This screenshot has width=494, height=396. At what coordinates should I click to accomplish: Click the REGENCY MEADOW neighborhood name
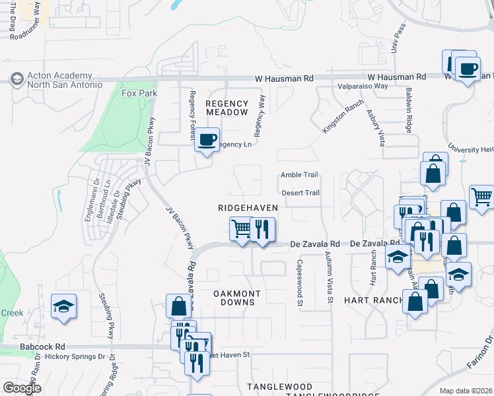click(227, 108)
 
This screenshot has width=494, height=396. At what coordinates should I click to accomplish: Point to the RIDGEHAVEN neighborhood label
click(247, 207)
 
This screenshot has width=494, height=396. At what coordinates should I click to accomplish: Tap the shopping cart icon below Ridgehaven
click(242, 230)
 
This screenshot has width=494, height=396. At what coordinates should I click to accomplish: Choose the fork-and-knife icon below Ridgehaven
click(263, 230)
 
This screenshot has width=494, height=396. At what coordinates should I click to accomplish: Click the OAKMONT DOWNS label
click(236, 298)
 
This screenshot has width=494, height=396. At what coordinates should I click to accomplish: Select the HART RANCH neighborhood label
click(373, 300)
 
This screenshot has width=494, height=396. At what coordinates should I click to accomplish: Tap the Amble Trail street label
click(299, 175)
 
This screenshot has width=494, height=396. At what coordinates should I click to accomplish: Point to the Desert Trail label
click(300, 193)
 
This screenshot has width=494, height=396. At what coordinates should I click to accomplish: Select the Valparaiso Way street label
click(363, 86)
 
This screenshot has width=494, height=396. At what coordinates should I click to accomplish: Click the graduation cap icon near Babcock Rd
click(64, 306)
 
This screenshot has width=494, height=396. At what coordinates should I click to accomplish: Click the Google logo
click(22, 388)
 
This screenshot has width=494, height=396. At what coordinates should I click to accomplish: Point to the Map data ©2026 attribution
click(465, 391)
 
